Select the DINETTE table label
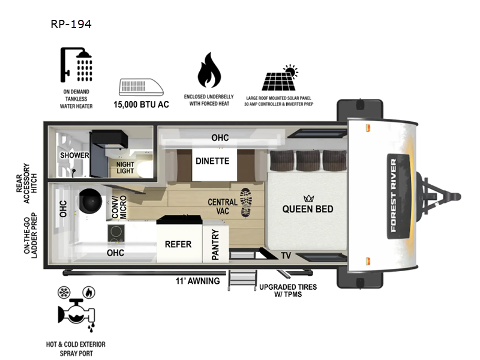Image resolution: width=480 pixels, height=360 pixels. click(212, 161)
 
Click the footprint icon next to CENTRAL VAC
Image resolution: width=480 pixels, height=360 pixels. click(246, 202)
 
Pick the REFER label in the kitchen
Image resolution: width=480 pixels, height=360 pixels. click(178, 244)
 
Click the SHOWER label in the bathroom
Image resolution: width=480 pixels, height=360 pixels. click(74, 155)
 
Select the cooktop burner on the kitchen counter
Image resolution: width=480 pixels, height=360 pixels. click(116, 231)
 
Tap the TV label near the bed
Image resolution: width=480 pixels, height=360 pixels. click(287, 256)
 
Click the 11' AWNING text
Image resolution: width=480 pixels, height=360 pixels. click(197, 281)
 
